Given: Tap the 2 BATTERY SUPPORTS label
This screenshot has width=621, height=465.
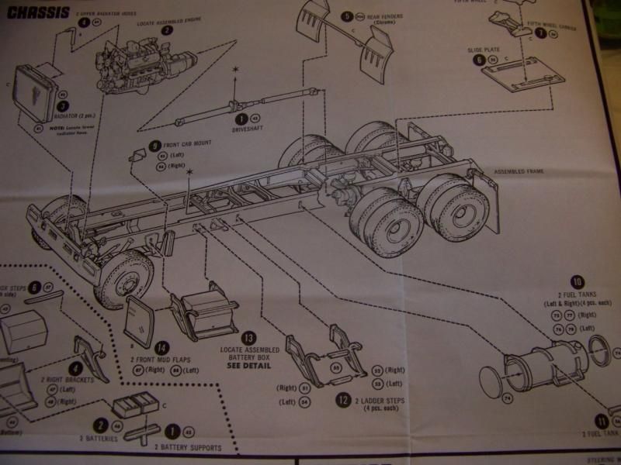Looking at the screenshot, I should [187, 447].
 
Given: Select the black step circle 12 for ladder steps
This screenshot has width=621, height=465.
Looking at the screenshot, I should [342, 400].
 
